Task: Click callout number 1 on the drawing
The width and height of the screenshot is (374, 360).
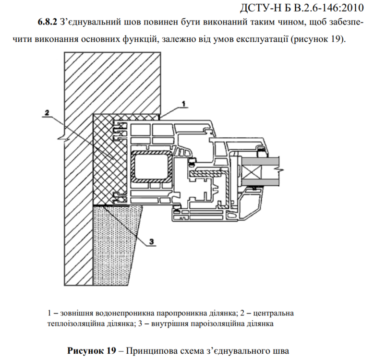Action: [x=184, y=104]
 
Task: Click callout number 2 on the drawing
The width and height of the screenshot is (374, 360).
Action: [x=47, y=112]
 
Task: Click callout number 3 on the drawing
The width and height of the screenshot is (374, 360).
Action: [x=152, y=242]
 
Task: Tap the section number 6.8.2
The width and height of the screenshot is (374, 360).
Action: [x=48, y=22]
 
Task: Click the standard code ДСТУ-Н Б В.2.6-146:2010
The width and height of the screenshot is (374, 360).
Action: [x=302, y=8]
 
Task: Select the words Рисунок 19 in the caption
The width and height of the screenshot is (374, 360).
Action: [x=92, y=351]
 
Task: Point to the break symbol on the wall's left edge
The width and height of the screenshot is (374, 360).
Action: [x=64, y=139]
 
